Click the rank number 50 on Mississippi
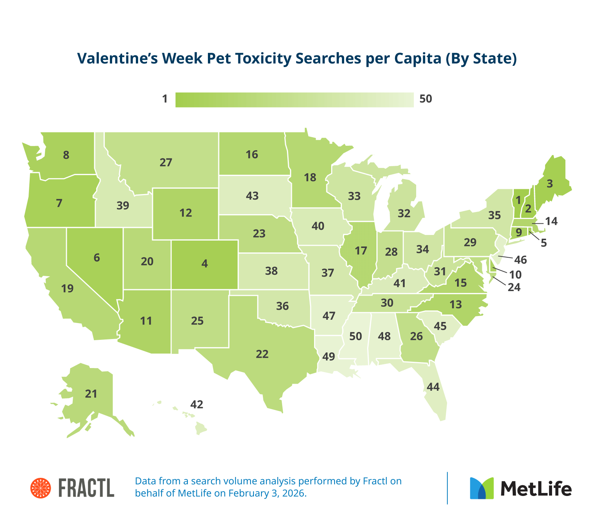coord(356,336)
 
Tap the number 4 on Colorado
coord(205,264)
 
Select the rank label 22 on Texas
coord(262,354)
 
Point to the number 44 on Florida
coord(433,387)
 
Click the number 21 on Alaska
coord(91,394)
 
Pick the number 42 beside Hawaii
coord(197,404)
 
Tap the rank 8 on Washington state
coord(66,155)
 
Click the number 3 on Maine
coord(550,183)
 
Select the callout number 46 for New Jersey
coord(520,259)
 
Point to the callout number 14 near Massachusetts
coord(551,222)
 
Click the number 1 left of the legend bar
coord(165,99)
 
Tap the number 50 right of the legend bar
coord(426,99)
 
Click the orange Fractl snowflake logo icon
coord(40,488)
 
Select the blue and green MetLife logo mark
coord(482,488)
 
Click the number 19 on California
coord(68,288)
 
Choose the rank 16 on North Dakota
coord(252,155)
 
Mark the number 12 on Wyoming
coord(186,213)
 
